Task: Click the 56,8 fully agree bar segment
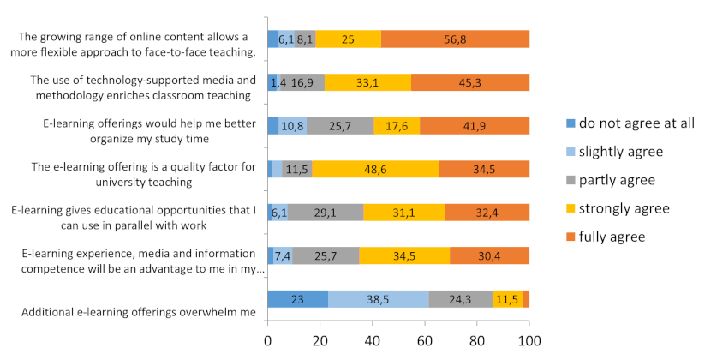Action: [x=455, y=39]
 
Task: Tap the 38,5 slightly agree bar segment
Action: [x=378, y=299]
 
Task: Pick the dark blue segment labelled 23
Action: [x=297, y=299]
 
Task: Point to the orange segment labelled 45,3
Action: [x=469, y=82]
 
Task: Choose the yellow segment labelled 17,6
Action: [x=397, y=125]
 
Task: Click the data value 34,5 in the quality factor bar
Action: [x=484, y=169]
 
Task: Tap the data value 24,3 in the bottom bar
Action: [x=461, y=299]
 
